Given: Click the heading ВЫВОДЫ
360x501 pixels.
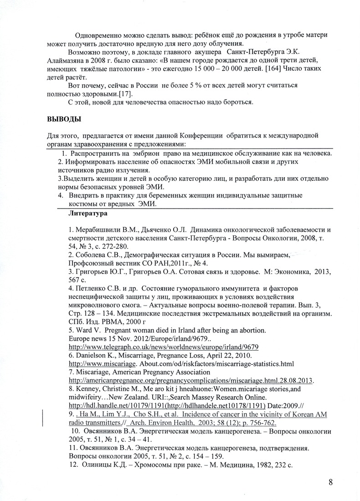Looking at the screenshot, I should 64,120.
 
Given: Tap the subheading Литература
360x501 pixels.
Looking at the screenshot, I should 88,213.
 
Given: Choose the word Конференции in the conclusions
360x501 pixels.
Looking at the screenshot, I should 197,135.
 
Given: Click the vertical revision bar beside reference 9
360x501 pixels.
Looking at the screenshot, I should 43,417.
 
